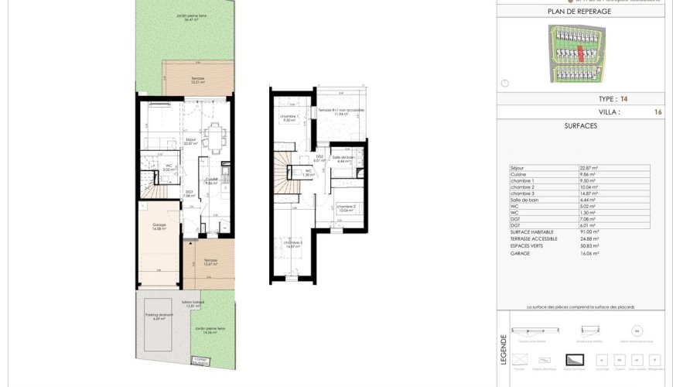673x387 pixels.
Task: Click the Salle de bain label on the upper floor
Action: (x=343, y=159)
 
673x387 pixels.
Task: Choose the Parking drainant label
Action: (x=159, y=316)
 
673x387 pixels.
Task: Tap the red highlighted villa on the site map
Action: (x=582, y=55)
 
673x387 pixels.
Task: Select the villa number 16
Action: (x=658, y=112)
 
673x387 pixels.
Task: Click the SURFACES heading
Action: (x=579, y=125)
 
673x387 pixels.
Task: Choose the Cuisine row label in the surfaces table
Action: (x=518, y=176)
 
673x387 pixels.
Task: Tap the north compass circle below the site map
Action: (x=505, y=83)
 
